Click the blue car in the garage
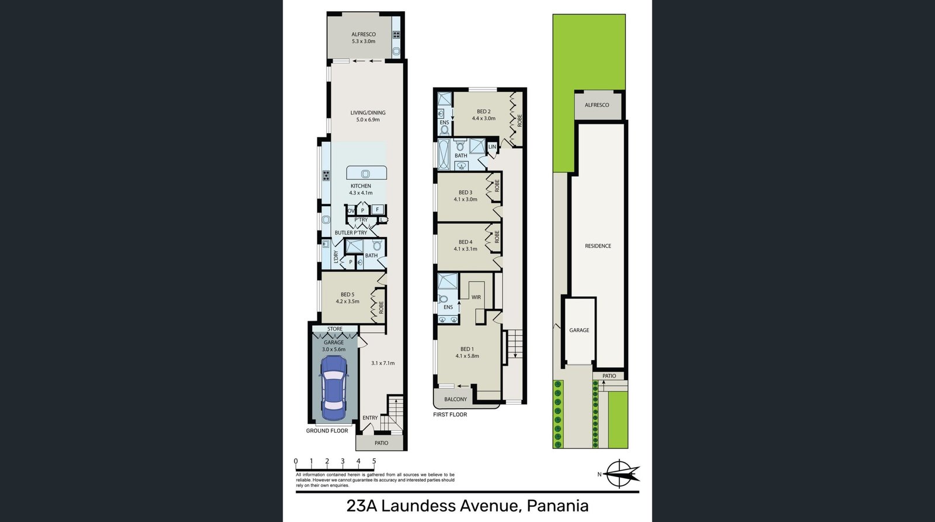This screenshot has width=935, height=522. tap(333, 388)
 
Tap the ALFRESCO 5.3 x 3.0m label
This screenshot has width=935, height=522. tap(363, 38)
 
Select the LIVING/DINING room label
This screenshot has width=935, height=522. tap(368, 113)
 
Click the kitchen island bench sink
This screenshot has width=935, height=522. tap(366, 173)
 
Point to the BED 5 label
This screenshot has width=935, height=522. tap(347, 294)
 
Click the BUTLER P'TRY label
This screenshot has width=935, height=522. tap(351, 232)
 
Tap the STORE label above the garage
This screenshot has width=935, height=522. tap(335, 329)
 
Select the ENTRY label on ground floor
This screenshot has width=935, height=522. tap(370, 417)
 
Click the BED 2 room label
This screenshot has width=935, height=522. tap(484, 112)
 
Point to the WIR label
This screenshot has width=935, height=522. tap(476, 297)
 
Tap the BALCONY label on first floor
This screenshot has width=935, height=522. tap(455, 399)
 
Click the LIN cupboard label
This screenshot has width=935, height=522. tap(492, 147)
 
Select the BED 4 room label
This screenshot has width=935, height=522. tap(465, 242)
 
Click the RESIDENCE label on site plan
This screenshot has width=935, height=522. tap(598, 246)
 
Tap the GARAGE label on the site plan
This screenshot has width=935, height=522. tap(579, 330)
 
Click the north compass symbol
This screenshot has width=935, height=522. tap(619, 474)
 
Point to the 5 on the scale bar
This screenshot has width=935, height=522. tap(374, 461)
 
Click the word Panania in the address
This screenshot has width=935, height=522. tap(557, 506)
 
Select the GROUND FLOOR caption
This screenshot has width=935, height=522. tap(327, 431)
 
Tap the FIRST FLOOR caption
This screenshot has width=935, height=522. tap(450, 415)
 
